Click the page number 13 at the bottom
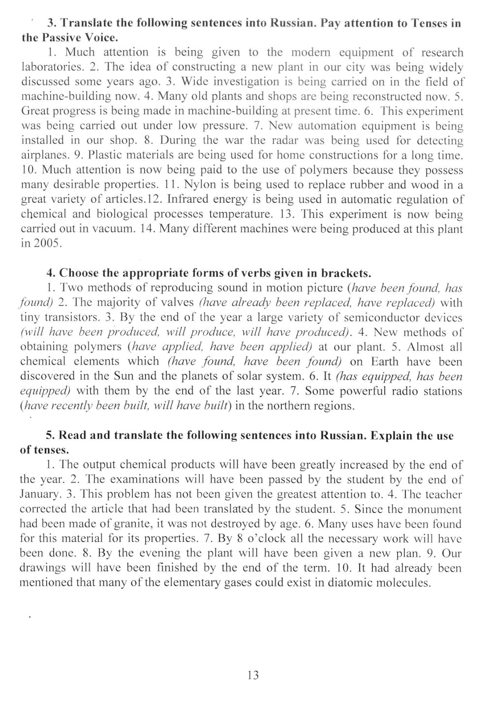pos(253,674)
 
